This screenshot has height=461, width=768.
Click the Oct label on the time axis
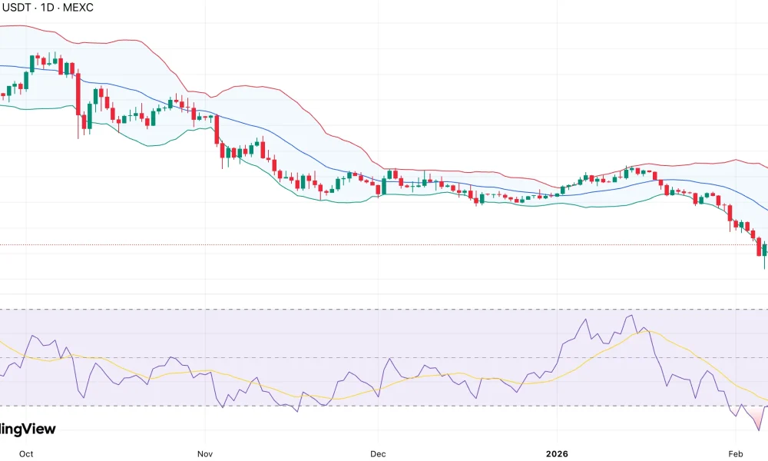tap(26, 453)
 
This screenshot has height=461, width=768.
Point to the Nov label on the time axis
tap(204, 453)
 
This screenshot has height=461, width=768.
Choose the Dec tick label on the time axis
tap(377, 453)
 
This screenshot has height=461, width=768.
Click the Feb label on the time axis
tap(736, 453)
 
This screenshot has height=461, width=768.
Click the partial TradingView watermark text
tap(28, 429)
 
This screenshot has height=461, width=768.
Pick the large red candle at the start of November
tap(217, 130)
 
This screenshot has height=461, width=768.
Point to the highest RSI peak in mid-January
tap(631, 316)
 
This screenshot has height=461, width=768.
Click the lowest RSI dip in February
tap(758, 429)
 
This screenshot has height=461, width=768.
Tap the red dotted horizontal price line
tap(384, 245)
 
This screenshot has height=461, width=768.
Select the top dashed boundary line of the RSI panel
tap(384, 310)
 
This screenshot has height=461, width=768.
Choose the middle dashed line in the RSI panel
tap(384, 357)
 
